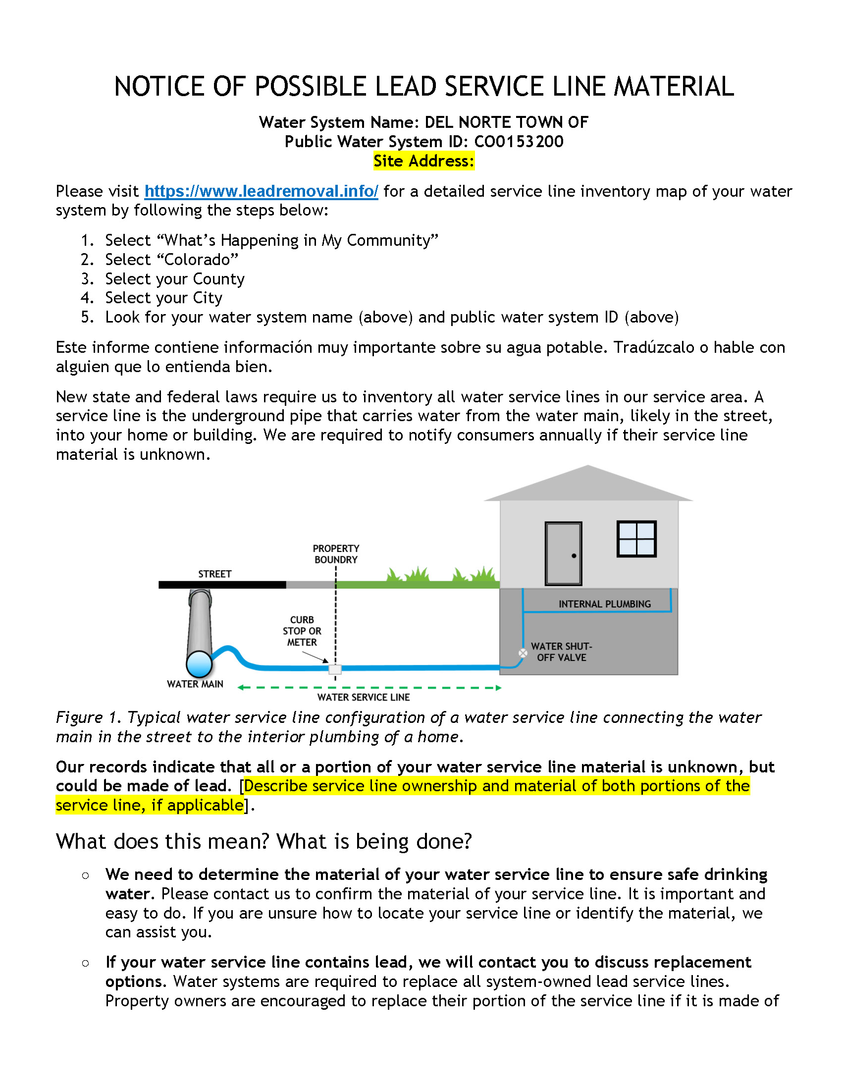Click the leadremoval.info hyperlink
tap(261, 191)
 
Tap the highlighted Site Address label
tap(423, 161)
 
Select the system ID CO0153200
tap(518, 142)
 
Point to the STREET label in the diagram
tap(214, 574)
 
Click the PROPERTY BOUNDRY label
tap(336, 554)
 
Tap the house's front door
tap(563, 553)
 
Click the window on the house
tap(636, 539)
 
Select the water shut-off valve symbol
tap(523, 653)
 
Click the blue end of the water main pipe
tap(199, 664)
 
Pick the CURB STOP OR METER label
tap(302, 631)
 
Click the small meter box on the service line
tap(335, 669)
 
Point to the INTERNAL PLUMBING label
tap(605, 604)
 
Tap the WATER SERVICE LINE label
tap(363, 697)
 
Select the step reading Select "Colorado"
tap(171, 260)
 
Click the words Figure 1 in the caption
tap(88, 718)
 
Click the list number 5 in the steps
tap(87, 318)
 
